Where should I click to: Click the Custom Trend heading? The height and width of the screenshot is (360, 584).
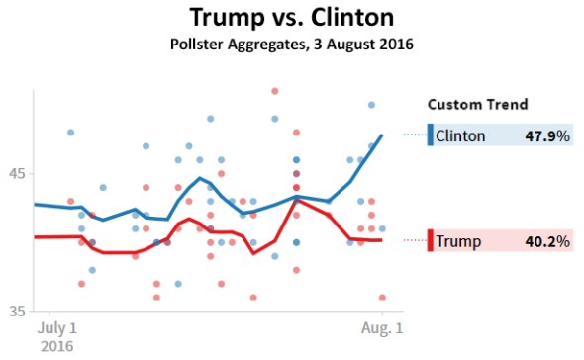(x=476, y=104)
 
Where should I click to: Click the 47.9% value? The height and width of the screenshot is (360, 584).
(x=548, y=136)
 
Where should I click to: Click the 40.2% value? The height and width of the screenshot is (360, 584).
(x=548, y=240)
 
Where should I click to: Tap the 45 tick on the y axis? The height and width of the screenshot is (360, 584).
(x=18, y=174)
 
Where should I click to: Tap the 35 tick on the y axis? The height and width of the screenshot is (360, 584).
(x=18, y=312)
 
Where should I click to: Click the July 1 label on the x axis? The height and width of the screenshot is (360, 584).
(x=57, y=328)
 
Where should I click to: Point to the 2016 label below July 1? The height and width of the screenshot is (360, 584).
(x=56, y=346)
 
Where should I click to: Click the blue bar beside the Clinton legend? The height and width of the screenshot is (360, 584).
(x=430, y=135)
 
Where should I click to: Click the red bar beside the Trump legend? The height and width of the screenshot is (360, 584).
(x=430, y=240)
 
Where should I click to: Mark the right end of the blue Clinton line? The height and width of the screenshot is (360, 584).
(x=382, y=135)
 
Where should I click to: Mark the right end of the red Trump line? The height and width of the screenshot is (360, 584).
(x=382, y=240)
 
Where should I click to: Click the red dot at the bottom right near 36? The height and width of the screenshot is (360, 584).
(x=382, y=297)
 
